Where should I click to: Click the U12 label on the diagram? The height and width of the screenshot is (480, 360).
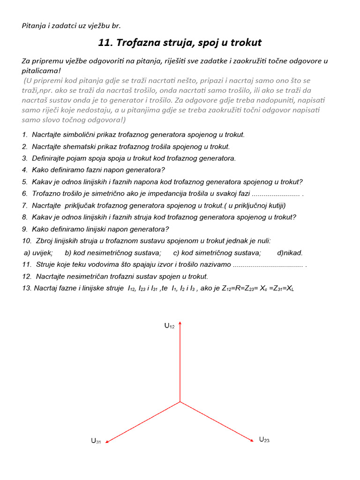point(169,326)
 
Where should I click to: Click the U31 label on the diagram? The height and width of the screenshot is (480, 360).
point(96,441)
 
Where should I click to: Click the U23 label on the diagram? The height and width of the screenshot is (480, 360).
point(264,440)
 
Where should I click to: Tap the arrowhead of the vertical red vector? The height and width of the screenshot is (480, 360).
point(180,323)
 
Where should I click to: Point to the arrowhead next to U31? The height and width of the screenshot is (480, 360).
point(107,441)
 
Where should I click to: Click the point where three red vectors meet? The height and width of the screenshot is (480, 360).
point(180,402)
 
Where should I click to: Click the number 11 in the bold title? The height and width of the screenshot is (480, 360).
point(104,43)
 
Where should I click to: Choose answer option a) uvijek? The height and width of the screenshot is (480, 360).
point(38,253)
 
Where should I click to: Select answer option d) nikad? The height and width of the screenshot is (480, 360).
point(290,253)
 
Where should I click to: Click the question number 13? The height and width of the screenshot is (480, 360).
point(26,288)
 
